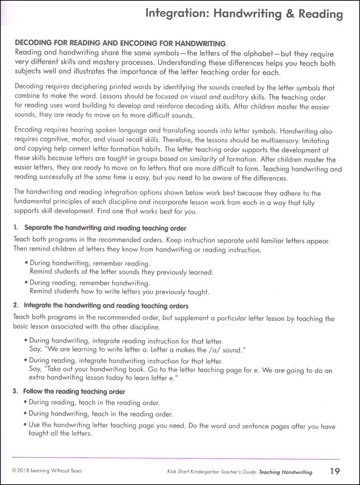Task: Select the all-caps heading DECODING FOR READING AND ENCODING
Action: [119, 43]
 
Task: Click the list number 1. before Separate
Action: [16, 227]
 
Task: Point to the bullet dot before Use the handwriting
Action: [26, 426]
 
